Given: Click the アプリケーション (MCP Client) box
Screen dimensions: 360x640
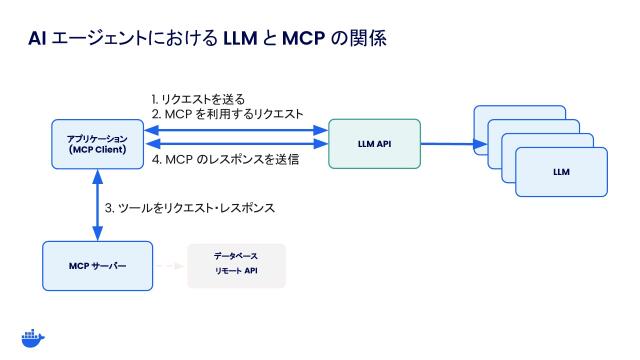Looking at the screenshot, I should (x=97, y=144).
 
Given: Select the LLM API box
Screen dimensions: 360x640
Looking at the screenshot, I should (x=373, y=143).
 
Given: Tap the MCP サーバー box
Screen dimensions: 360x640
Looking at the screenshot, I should (x=97, y=266).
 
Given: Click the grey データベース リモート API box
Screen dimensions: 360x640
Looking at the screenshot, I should (x=236, y=265).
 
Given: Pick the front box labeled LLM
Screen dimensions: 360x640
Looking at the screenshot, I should (x=561, y=172).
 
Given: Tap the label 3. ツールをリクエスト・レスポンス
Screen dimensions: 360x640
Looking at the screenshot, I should (x=190, y=209).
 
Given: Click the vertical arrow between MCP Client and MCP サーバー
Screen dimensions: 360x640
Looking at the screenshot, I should (x=97, y=205).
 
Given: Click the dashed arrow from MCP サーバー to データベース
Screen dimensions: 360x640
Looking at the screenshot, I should (x=170, y=266).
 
